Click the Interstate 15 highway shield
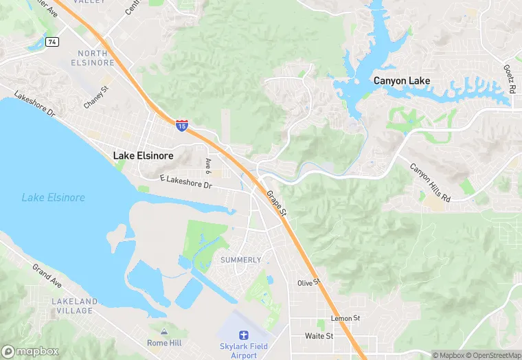(x=181, y=126)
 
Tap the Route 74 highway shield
(x=52, y=42)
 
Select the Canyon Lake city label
(x=402, y=81)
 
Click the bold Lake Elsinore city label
(x=143, y=156)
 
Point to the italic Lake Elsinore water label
(x=53, y=198)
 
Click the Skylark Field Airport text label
(x=243, y=350)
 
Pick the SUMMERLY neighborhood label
(x=240, y=260)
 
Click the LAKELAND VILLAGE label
(x=71, y=306)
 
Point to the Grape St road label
(x=277, y=205)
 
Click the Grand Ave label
(x=47, y=275)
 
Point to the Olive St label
(x=309, y=282)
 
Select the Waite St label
(x=319, y=336)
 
